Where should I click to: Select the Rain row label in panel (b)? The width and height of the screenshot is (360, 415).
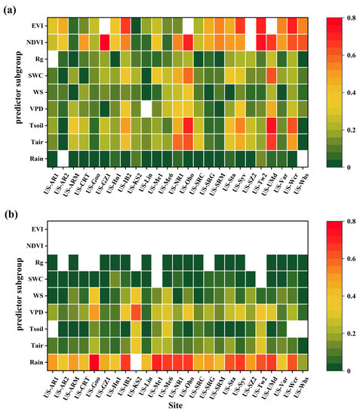(x=33, y=363)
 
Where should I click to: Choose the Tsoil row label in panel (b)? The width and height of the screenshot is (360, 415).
(x=31, y=327)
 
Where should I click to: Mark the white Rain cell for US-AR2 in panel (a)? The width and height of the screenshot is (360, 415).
(x=63, y=158)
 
